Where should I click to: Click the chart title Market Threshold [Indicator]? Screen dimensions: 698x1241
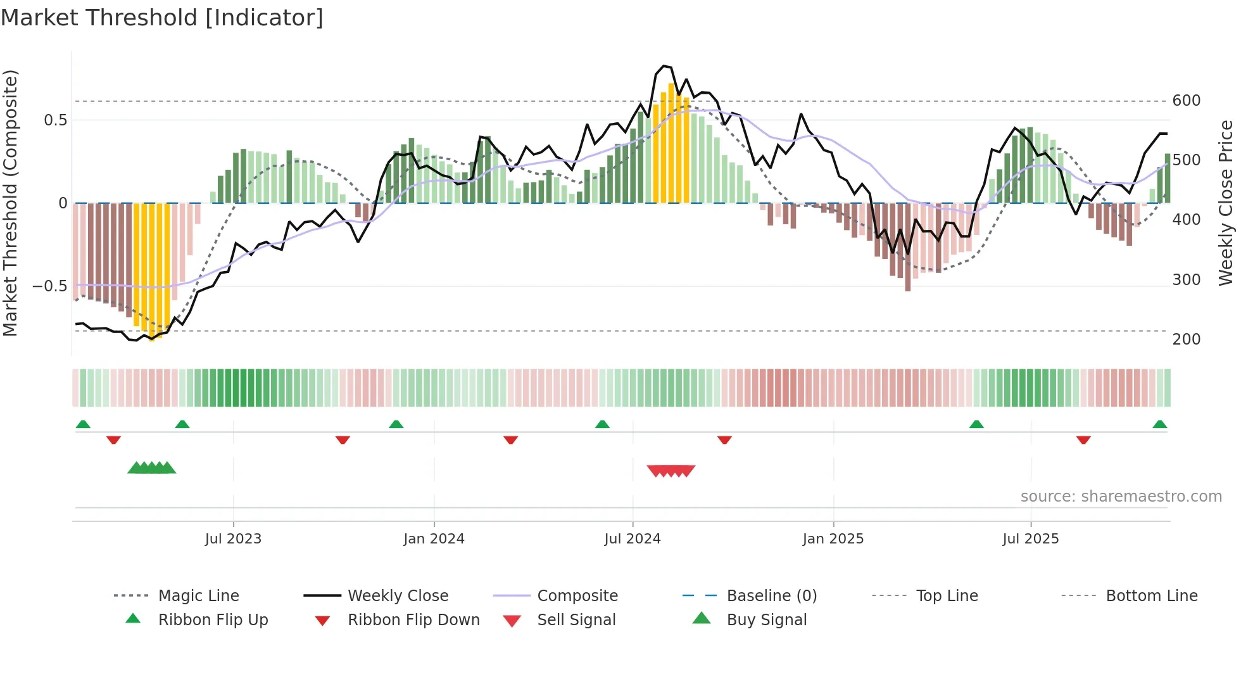click(162, 18)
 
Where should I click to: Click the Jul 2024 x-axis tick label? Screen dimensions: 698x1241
click(632, 539)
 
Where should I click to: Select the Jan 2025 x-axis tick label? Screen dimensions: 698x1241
click(833, 539)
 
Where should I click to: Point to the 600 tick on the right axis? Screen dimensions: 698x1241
click(1186, 101)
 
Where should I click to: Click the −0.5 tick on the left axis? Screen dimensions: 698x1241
click(49, 286)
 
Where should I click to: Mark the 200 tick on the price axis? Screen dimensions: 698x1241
click(1186, 339)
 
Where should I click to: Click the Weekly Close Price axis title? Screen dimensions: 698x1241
click(1226, 203)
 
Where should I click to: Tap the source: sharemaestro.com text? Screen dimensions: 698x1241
click(1121, 497)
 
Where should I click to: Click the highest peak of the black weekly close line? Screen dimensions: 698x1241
click(663, 66)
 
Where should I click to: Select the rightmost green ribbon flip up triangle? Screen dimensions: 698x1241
click(1159, 424)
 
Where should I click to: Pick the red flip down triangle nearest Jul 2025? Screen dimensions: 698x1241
click(1083, 440)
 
